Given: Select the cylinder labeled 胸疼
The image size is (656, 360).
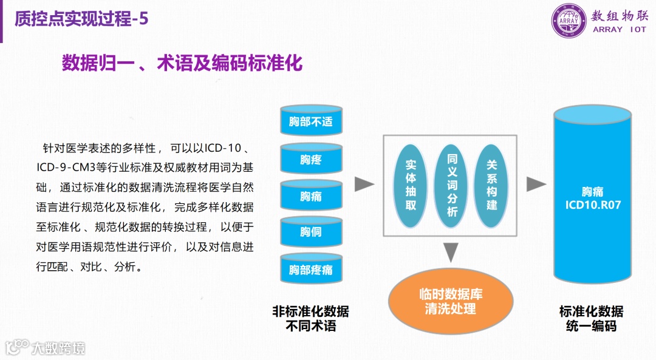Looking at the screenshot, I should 311,159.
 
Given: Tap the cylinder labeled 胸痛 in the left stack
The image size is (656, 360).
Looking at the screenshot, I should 311,196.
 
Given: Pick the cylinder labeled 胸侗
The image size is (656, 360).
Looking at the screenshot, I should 311,232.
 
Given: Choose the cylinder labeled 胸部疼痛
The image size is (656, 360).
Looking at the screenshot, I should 311,269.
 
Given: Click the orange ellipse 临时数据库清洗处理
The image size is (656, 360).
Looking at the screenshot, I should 451,301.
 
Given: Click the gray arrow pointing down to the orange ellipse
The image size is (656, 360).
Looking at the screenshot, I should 450,251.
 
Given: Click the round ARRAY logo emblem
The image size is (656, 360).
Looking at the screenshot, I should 569,21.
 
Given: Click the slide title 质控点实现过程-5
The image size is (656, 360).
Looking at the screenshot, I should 81,19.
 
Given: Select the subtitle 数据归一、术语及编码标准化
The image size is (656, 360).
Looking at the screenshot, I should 182,63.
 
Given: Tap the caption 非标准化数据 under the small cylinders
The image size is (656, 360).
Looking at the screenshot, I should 311,312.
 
